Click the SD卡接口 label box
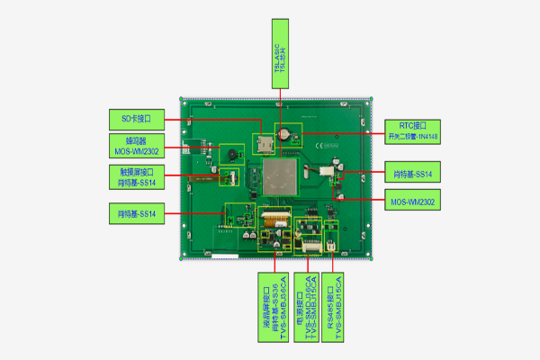point(137,119)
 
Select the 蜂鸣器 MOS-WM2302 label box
point(137,146)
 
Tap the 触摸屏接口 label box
point(137,175)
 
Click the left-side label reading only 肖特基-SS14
point(137,213)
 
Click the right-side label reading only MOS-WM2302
point(412,202)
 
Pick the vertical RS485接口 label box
point(336,297)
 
